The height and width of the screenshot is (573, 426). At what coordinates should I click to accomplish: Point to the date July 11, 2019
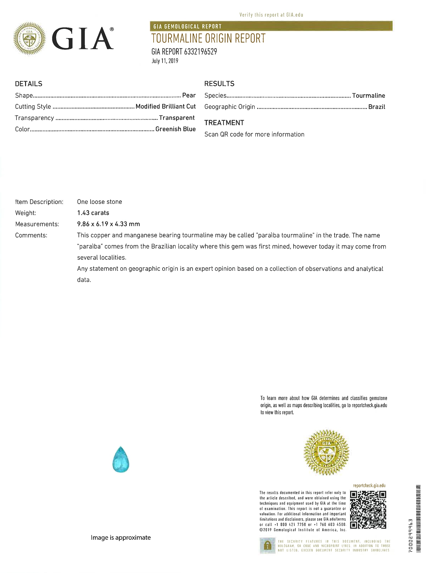click(165, 61)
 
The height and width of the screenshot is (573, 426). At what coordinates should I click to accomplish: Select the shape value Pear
click(189, 95)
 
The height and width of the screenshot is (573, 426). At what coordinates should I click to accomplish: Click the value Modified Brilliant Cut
click(166, 106)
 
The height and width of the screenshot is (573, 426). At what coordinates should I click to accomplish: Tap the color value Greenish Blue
click(176, 129)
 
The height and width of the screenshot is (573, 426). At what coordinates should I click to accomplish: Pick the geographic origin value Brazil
click(377, 107)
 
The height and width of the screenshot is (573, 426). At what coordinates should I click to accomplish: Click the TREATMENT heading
click(224, 123)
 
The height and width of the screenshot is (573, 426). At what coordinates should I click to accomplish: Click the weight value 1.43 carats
click(93, 213)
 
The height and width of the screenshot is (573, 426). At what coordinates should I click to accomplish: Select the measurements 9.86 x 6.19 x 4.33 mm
click(108, 224)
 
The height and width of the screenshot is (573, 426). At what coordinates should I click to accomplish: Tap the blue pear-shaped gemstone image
click(121, 459)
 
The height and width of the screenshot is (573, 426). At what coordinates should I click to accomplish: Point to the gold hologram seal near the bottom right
click(326, 452)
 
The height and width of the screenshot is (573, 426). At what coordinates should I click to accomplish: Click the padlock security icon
click(267, 545)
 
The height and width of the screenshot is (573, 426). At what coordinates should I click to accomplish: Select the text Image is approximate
click(121, 538)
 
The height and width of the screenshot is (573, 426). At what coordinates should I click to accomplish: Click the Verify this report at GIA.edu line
click(271, 15)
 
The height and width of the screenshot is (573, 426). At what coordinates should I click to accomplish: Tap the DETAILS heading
click(29, 84)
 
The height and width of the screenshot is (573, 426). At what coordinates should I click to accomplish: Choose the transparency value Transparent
click(177, 118)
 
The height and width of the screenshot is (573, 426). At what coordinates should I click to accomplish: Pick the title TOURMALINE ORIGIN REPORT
click(208, 38)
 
